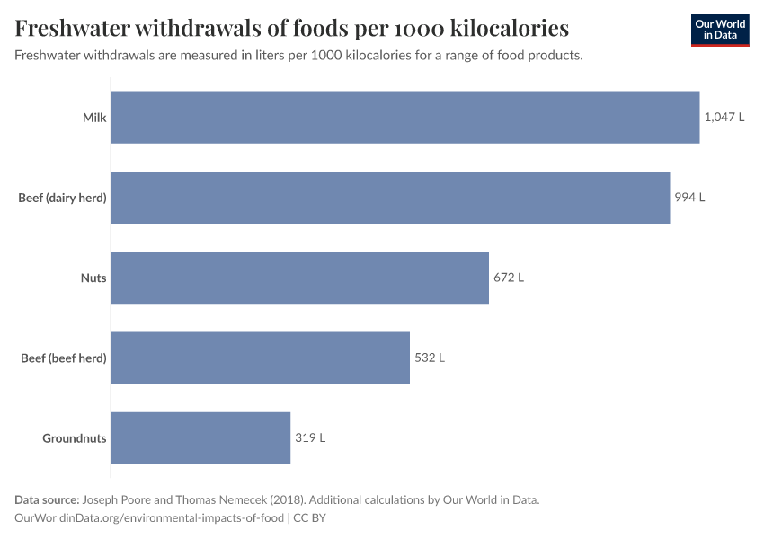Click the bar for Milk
[x=404, y=118]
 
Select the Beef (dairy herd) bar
[x=390, y=198]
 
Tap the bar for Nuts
[x=299, y=278]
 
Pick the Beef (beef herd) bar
[x=260, y=358]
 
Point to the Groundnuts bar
[x=200, y=438]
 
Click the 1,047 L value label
[x=724, y=118]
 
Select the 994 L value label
[x=689, y=198]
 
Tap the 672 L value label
[x=509, y=278]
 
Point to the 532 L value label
[x=430, y=358]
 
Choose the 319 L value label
[x=310, y=438]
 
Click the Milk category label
[x=94, y=118]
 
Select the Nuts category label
[x=93, y=278]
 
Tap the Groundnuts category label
[x=75, y=438]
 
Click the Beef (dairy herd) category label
[x=62, y=198]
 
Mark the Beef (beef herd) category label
[x=64, y=358]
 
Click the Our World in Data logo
[x=719, y=30]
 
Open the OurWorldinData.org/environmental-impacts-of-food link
[x=149, y=517]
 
